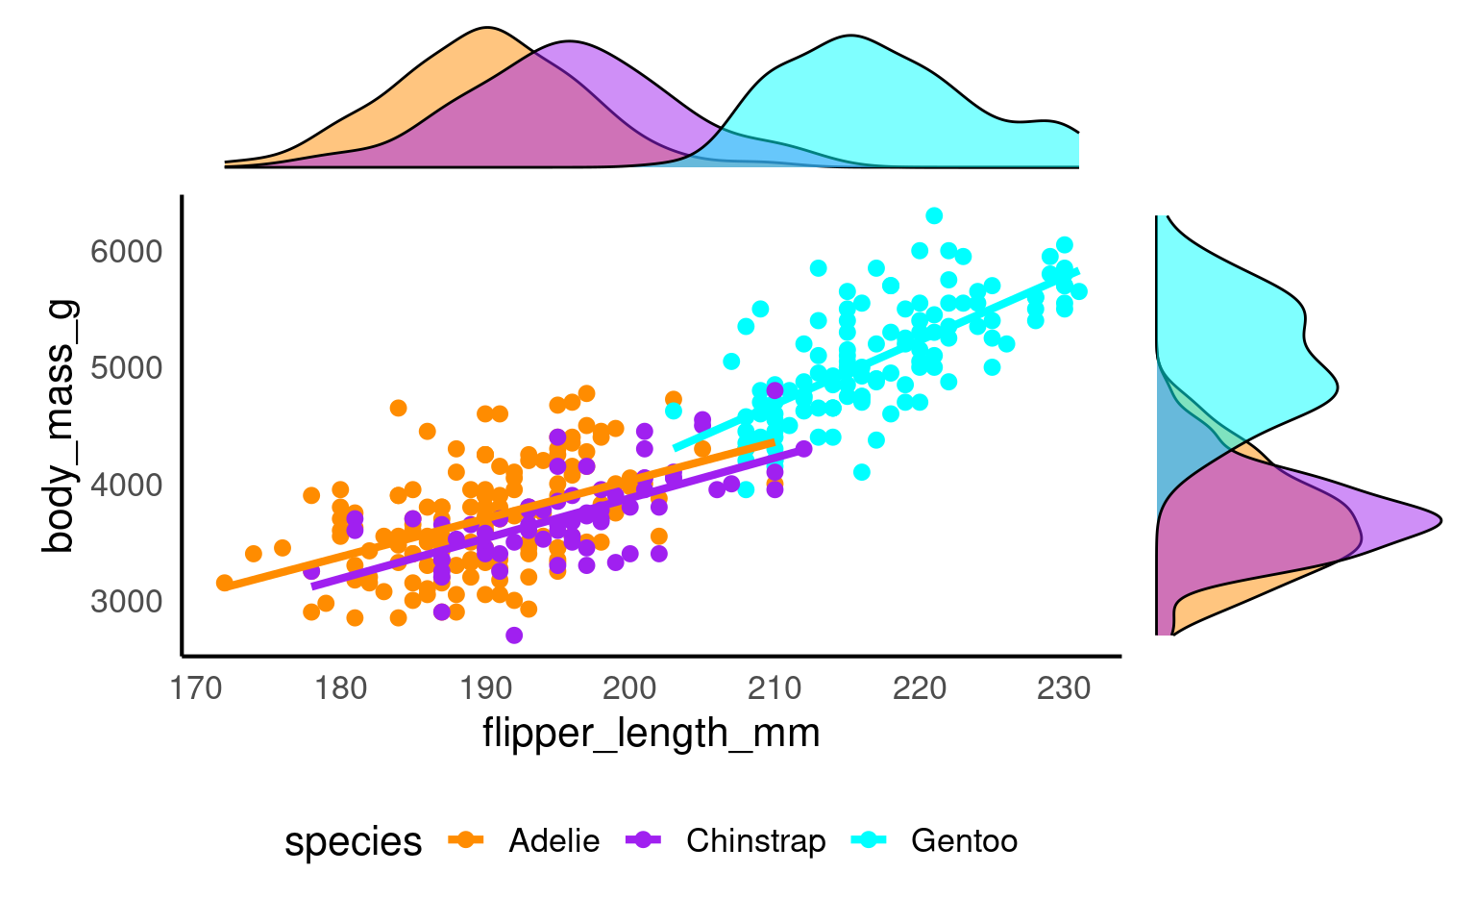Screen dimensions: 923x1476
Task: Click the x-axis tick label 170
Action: (196, 688)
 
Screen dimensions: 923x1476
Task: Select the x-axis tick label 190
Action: (485, 688)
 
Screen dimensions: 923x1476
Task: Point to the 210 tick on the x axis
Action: (775, 688)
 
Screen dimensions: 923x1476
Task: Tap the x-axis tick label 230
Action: (1064, 688)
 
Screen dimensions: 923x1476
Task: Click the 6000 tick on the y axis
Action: (127, 252)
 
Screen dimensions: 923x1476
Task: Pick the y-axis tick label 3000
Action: (127, 602)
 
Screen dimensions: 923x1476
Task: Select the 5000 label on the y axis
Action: (127, 368)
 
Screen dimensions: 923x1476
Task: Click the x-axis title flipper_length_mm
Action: (651, 734)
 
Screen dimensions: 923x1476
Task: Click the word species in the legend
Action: (353, 842)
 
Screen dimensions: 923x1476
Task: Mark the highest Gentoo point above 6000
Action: (934, 215)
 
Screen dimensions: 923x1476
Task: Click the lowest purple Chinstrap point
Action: (514, 636)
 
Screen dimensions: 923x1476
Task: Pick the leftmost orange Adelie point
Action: (225, 583)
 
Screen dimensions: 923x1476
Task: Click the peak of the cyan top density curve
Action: (851, 37)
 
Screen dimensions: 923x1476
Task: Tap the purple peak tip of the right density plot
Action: (1440, 521)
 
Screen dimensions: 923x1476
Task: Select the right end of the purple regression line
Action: (803, 448)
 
